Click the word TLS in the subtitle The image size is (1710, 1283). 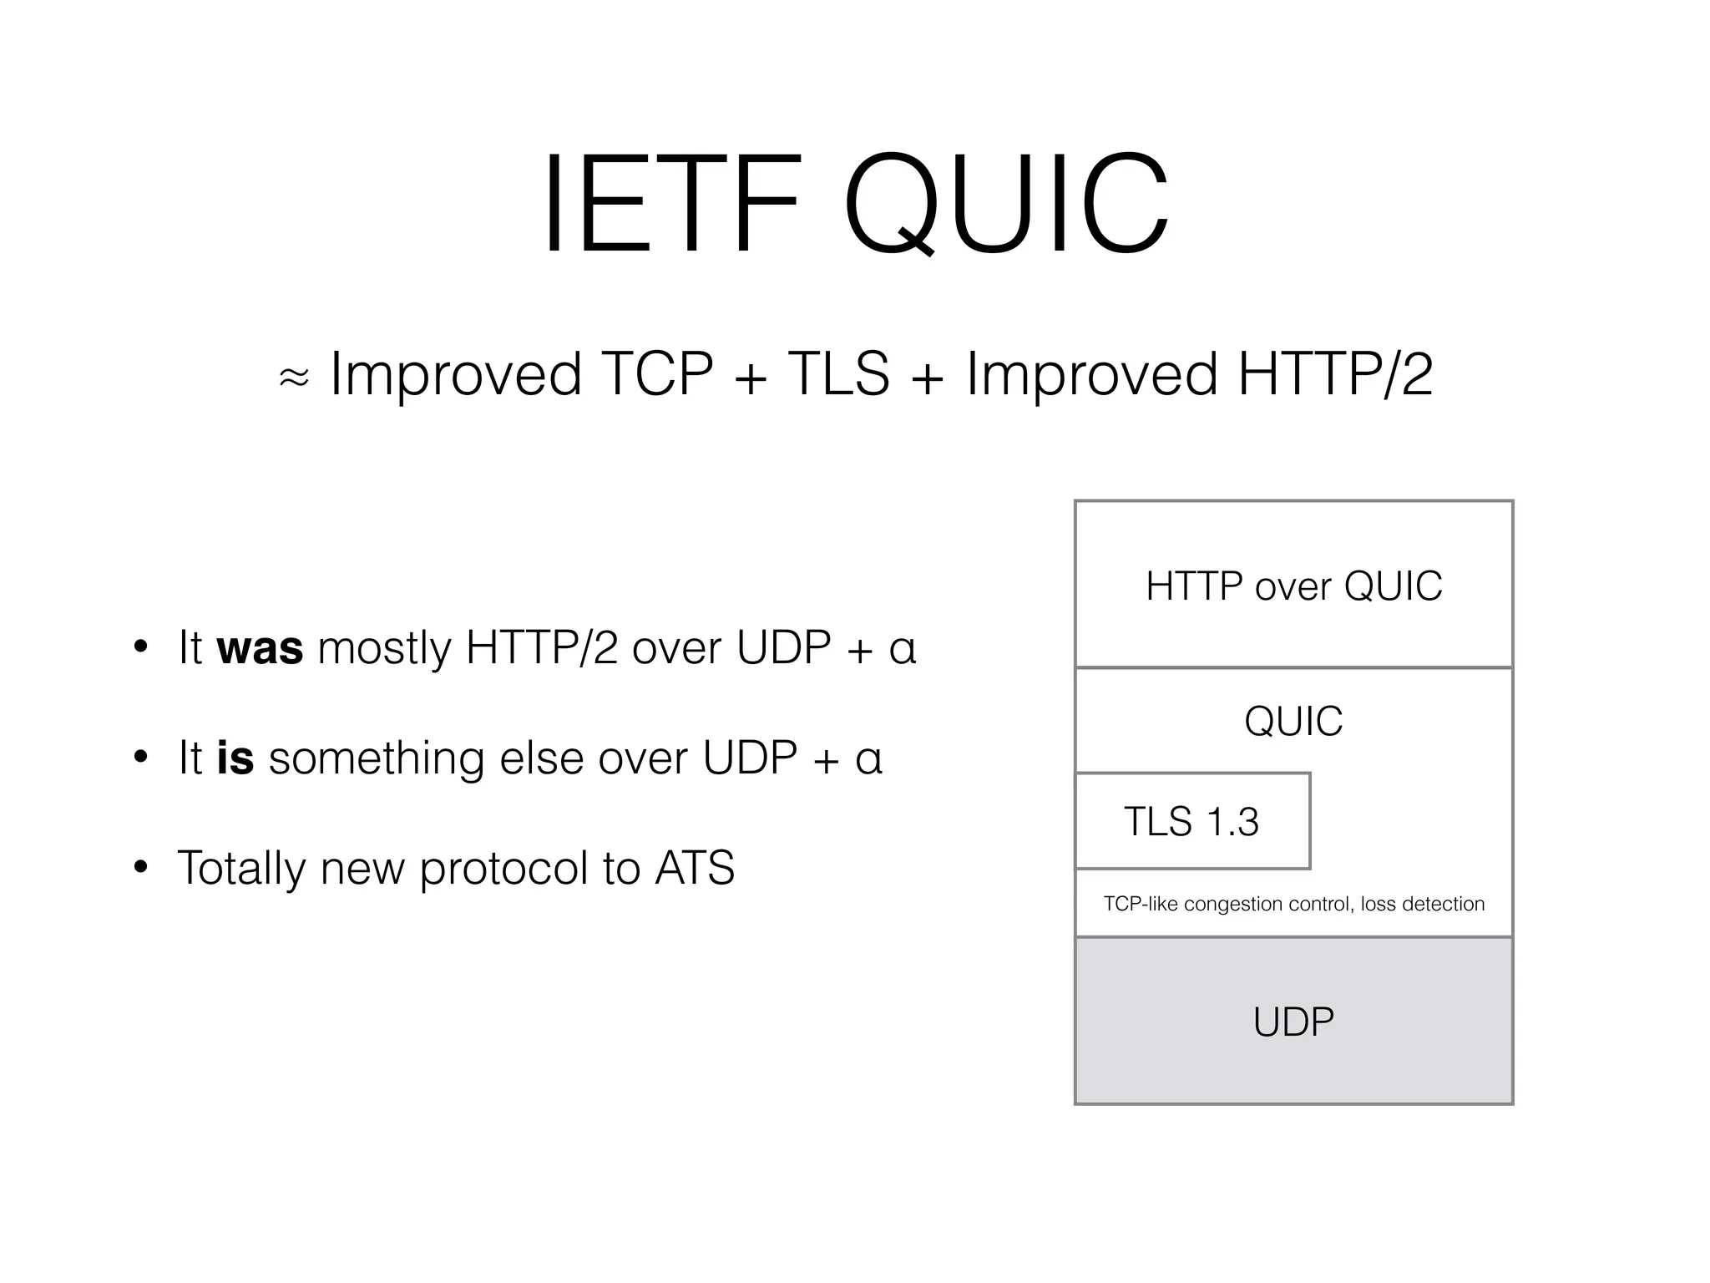838,373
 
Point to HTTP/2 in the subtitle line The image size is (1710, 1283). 1335,373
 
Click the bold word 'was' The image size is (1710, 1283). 260,648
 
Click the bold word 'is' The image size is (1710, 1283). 235,758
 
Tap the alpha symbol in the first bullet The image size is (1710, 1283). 903,649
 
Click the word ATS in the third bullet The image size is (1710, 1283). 695,868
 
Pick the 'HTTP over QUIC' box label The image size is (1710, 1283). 1293,586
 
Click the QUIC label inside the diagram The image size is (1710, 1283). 1293,721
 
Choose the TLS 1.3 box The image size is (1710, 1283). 1191,821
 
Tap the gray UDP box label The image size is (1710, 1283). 1293,1022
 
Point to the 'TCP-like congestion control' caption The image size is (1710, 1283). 1293,904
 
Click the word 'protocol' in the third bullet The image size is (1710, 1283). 505,870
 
